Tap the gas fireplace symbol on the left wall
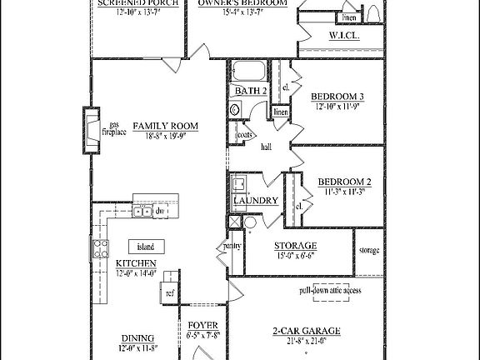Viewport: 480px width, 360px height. pos(89,131)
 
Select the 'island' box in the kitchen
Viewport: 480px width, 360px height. pos(146,247)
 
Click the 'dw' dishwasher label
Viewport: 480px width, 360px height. pos(159,212)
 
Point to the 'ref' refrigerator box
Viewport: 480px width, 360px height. pos(169,292)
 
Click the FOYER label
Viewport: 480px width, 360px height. pos(203,325)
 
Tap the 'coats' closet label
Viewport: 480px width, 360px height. pos(245,134)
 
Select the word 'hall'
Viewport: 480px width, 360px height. pos(267,147)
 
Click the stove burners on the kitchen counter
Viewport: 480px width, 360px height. pos(100,247)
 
